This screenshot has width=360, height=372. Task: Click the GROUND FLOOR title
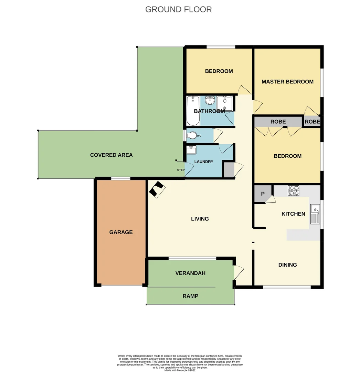pos(178,9)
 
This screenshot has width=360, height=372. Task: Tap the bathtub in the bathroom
pos(193,111)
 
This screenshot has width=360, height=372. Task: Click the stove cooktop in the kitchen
pos(294,190)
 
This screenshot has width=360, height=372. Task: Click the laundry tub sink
pos(191,150)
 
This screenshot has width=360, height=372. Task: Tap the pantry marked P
pos(263,194)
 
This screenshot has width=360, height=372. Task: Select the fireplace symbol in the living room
pos(157,189)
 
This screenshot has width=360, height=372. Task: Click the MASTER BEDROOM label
pos(287,82)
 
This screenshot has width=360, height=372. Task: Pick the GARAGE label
pos(121,232)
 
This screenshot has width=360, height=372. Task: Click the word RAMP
pos(190,296)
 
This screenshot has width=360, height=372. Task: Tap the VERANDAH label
pos(190,273)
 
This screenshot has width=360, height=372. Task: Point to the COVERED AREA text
pos(111,155)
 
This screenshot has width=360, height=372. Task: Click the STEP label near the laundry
pos(181,170)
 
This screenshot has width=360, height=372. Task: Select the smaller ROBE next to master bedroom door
pos(312,122)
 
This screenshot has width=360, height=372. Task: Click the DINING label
pos(287,265)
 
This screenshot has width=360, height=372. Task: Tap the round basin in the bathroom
pos(210,101)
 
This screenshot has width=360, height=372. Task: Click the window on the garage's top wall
pos(120,178)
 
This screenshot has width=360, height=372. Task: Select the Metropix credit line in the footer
pos(180,370)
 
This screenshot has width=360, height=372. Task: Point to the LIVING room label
pos(200,219)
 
